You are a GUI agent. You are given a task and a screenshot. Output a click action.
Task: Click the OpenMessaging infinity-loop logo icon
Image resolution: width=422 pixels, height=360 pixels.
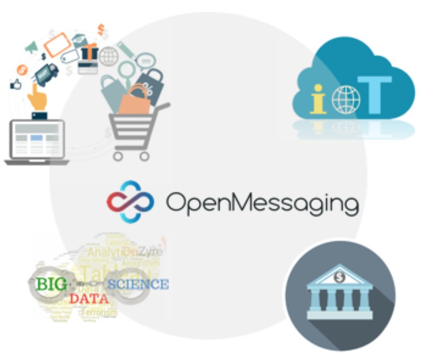(x=130, y=202)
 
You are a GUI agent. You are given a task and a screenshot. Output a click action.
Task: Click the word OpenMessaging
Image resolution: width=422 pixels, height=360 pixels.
(x=262, y=204)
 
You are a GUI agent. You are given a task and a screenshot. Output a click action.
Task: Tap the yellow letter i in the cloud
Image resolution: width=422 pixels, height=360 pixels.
(x=318, y=99)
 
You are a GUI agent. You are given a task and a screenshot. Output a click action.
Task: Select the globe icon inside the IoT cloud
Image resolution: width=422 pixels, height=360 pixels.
(x=346, y=99)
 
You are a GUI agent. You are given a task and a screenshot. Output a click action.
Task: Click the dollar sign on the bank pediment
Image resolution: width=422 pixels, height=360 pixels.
(x=339, y=277)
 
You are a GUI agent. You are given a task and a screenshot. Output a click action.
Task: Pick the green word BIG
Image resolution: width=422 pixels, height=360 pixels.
(x=51, y=284)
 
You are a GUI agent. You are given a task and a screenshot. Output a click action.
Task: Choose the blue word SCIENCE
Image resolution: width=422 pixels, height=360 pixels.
(x=138, y=284)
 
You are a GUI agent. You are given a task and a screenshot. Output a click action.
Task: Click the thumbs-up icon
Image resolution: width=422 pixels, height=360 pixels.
(x=16, y=85)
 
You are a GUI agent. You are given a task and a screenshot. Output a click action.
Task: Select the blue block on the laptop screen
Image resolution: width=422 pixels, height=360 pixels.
(x=37, y=137)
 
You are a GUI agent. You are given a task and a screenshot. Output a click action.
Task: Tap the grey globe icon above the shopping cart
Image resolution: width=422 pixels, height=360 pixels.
(x=108, y=56)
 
